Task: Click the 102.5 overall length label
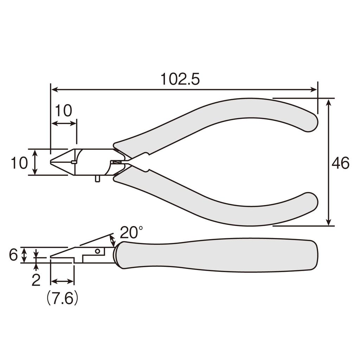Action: [x=180, y=79]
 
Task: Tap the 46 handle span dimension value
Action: [x=340, y=163]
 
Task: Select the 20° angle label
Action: [x=131, y=232]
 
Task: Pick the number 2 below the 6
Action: [x=36, y=280]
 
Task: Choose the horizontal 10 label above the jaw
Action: [x=63, y=111]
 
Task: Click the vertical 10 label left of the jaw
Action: [x=19, y=163]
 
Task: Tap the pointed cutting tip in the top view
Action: [x=52, y=162]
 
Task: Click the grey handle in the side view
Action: [x=218, y=255]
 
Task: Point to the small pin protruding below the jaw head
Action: [x=97, y=179]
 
